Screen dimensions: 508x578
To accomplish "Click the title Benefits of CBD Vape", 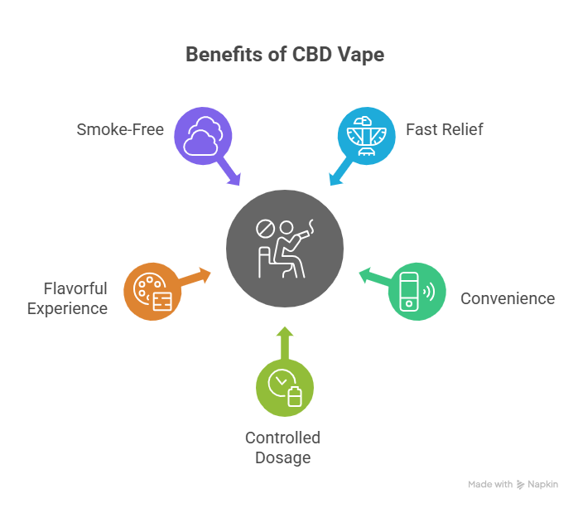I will [x=285, y=56].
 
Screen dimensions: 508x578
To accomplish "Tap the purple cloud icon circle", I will [x=201, y=135].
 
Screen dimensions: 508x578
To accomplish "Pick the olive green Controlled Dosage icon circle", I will [x=284, y=386].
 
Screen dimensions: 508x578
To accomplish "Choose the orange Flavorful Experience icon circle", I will [x=152, y=291].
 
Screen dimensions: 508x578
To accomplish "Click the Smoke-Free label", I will [x=121, y=129].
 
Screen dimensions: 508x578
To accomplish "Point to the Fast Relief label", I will [x=445, y=129].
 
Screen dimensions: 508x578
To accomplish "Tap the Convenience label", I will [x=508, y=298].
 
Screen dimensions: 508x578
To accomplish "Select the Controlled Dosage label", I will [x=282, y=447].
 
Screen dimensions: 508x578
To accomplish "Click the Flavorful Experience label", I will [x=67, y=298].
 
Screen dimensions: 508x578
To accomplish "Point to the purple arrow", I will [x=231, y=174].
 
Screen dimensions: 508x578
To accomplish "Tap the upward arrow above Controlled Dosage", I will [x=284, y=339].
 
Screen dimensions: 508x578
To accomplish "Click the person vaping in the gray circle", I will [x=289, y=249].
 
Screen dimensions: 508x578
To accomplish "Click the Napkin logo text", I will [x=543, y=484].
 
